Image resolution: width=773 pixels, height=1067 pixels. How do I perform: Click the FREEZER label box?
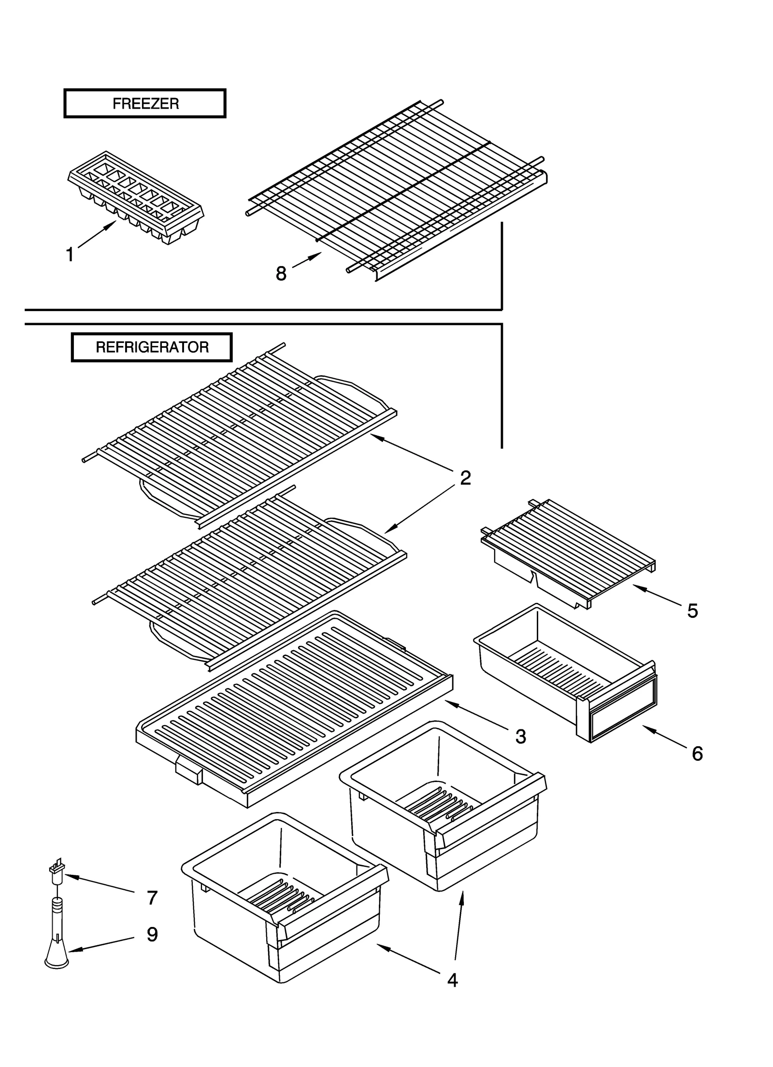[x=144, y=103]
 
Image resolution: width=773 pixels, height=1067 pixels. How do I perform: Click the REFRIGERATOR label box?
[x=152, y=347]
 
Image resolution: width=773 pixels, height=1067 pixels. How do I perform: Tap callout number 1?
[x=70, y=255]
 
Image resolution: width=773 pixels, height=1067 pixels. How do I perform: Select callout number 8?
[x=281, y=274]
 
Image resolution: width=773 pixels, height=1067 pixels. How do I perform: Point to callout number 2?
[x=465, y=478]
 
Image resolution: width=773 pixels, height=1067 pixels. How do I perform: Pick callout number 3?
[x=520, y=736]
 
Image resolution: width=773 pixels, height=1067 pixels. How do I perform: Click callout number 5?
[x=692, y=611]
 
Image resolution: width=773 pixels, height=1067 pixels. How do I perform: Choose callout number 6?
[x=697, y=753]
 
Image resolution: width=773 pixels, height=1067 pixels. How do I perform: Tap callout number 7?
[x=152, y=897]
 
